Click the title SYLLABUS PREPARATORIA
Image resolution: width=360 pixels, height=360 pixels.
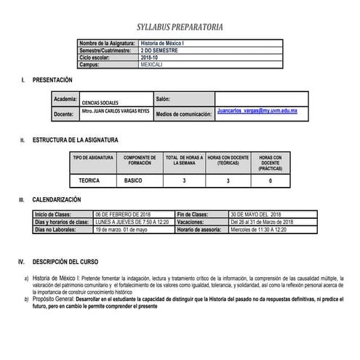180,28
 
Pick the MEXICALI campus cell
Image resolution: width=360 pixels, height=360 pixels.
152,65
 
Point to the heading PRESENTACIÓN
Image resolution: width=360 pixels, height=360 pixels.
52,79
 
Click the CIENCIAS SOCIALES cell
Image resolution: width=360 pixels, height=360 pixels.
102,103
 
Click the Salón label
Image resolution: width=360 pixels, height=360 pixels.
163,97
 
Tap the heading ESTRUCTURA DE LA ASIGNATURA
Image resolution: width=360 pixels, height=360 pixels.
75,139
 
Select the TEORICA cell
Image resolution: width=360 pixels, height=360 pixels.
90,179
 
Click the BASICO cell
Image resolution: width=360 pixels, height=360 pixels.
134,179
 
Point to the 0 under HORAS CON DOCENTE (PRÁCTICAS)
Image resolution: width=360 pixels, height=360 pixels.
270,180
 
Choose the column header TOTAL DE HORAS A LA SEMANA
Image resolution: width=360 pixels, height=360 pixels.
184,161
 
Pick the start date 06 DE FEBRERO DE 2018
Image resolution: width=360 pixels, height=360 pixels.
123,215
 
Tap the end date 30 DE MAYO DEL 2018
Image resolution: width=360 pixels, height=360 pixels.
255,215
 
